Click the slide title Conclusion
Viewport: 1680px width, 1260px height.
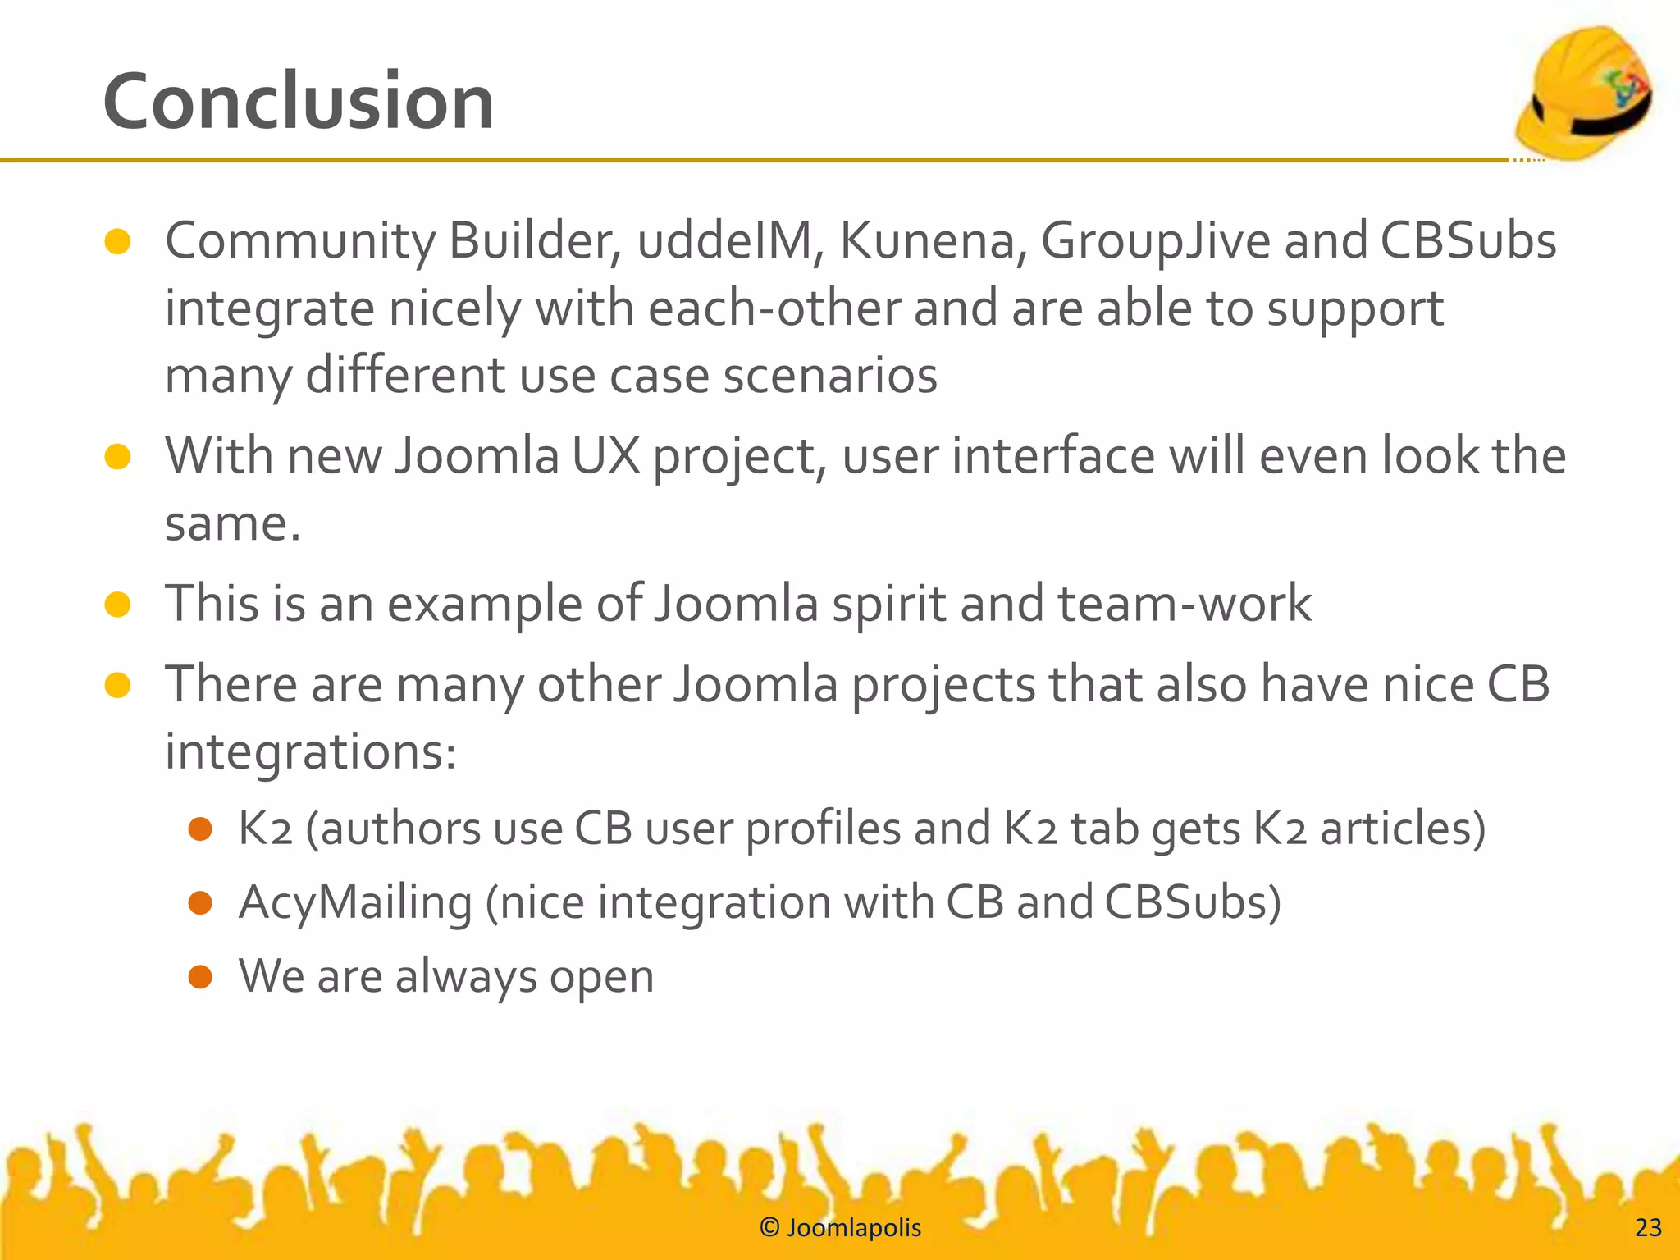pos(298,102)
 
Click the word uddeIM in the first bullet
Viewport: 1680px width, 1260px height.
pos(724,241)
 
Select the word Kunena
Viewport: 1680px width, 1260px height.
pos(925,241)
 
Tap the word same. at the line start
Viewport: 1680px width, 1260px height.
pos(233,523)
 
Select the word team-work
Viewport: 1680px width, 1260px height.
pos(1184,605)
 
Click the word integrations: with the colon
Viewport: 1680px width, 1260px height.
pos(310,752)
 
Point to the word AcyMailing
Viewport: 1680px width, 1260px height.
pos(355,903)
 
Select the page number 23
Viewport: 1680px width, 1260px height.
pos(1648,1228)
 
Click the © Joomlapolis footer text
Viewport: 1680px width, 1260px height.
pos(840,1228)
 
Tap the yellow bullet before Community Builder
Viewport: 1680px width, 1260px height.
pos(118,242)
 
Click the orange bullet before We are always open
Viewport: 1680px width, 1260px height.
pos(200,977)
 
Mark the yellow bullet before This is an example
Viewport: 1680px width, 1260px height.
pos(118,605)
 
